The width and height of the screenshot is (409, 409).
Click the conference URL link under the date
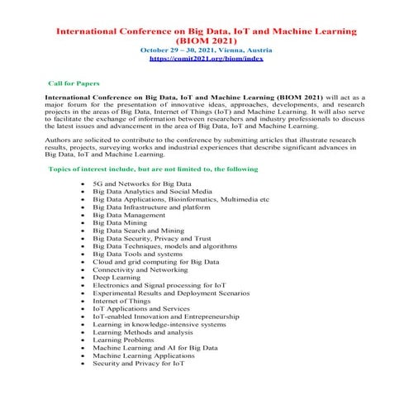206,59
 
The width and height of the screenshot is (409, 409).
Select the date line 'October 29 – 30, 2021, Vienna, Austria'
206,50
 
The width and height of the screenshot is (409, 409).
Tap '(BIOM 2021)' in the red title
206,39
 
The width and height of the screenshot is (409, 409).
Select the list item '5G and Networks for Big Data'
141,183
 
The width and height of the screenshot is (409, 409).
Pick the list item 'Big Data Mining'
120,223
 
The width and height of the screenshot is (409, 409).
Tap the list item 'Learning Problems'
123,340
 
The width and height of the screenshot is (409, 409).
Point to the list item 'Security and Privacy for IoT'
137,363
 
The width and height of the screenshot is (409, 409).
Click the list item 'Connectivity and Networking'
140,269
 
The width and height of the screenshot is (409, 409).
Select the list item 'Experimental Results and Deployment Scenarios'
171,293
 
